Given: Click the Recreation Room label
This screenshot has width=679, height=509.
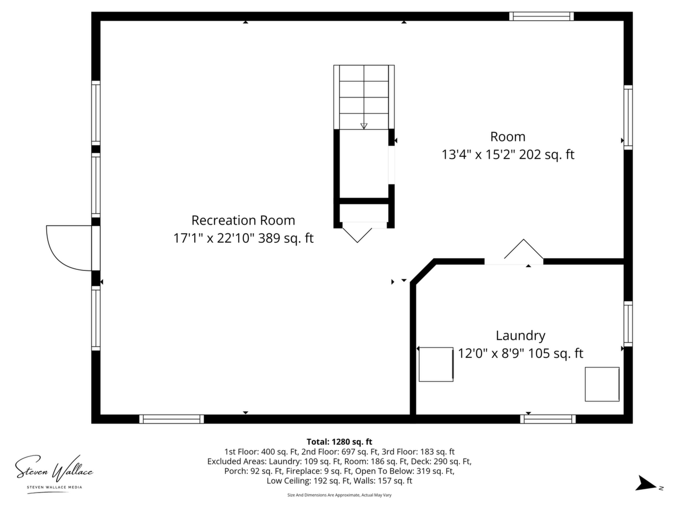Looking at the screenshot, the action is coord(243,221).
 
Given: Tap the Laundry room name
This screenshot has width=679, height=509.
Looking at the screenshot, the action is coord(520,336).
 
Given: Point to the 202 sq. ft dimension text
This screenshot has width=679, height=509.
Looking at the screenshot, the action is coord(546,154).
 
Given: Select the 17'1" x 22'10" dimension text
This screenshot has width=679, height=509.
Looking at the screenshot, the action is coord(214,238).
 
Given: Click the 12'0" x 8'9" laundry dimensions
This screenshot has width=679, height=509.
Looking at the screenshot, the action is coord(491,353).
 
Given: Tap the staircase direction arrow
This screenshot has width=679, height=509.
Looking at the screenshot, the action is coord(364,126).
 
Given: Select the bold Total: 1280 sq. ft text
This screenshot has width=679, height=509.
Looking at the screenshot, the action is coord(339,442).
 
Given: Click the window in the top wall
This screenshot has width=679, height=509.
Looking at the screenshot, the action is coord(542,16).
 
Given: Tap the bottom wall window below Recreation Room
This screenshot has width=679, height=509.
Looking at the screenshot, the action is coord(171,419).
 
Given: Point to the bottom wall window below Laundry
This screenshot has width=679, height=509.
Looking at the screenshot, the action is coord(548,419).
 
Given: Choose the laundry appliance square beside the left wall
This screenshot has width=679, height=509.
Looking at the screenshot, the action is coord(436,364).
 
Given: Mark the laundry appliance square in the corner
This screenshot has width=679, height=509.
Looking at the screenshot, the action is coord(602,384).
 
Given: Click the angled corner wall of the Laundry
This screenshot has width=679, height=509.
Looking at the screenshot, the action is coord(423,271).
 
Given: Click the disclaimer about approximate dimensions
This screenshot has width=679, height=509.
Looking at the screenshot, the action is coord(339,495).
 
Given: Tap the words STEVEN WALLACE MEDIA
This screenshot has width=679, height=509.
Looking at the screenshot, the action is coord(55,487).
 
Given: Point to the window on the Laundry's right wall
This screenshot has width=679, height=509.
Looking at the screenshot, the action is coord(628,323).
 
